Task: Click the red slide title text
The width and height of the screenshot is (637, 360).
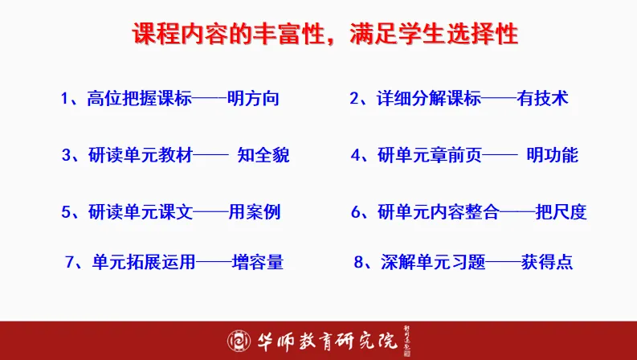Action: pos(325,34)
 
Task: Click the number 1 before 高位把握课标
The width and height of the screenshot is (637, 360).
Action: pos(64,99)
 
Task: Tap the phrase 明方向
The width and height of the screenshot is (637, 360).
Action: pos(253,99)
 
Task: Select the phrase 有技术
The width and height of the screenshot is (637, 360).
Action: pos(542,99)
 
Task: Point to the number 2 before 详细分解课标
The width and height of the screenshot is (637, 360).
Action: pos(354,99)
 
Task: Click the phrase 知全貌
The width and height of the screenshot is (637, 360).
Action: pos(263,155)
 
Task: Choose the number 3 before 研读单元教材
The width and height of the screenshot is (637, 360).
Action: pos(66,155)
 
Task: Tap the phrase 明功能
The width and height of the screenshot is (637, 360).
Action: pos(553,155)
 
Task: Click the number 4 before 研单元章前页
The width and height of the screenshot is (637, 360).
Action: pos(356,155)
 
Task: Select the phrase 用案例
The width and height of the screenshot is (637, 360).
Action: pos(255,212)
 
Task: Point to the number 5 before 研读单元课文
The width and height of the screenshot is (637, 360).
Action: pos(66,212)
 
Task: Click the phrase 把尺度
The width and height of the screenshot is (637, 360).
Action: pos(561,212)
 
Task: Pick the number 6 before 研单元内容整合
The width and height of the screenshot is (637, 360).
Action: pos(356,212)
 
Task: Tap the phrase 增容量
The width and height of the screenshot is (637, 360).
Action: pos(258,262)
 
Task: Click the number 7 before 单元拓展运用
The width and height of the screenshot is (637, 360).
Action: pos(69,262)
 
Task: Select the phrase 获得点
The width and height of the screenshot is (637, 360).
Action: pos(547,262)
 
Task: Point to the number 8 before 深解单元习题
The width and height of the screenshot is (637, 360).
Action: pos(359,262)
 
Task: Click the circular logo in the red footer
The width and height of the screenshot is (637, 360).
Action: pos(239,341)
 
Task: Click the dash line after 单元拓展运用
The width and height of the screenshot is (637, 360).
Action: pos(214,263)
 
